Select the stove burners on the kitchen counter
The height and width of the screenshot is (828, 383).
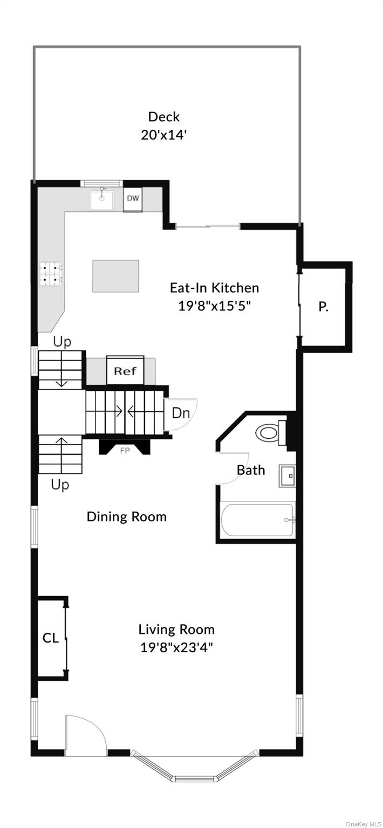(51, 274)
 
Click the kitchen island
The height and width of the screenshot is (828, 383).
(116, 276)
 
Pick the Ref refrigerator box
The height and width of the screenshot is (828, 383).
(125, 370)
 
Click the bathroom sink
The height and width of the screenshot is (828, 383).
(288, 476)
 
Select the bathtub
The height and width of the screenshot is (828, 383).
(257, 519)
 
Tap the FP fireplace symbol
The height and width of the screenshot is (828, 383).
(125, 447)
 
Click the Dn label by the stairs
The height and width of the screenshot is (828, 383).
(181, 412)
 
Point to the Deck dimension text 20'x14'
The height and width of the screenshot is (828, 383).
(163, 135)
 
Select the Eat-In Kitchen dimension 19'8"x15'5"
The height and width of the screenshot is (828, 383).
(215, 306)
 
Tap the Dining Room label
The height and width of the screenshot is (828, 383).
(127, 516)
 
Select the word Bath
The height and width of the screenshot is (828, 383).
(251, 470)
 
